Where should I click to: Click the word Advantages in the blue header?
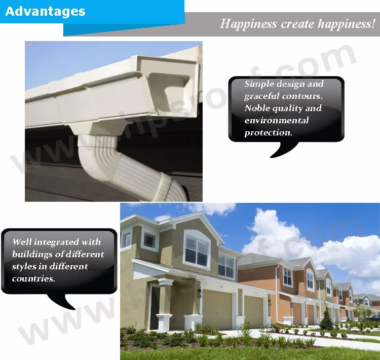[x=45, y=11]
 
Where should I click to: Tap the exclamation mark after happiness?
[x=373, y=23]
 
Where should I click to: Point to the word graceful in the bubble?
[x=262, y=96]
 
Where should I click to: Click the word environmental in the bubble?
[x=277, y=120]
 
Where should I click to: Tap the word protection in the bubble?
[x=268, y=133]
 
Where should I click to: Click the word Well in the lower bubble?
[x=22, y=242]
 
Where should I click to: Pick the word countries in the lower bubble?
[x=33, y=278]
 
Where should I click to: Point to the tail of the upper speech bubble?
[x=284, y=150]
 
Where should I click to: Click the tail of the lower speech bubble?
[x=62, y=302]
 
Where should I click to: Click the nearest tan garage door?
[x=217, y=309]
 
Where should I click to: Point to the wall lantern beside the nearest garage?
[x=200, y=292]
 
